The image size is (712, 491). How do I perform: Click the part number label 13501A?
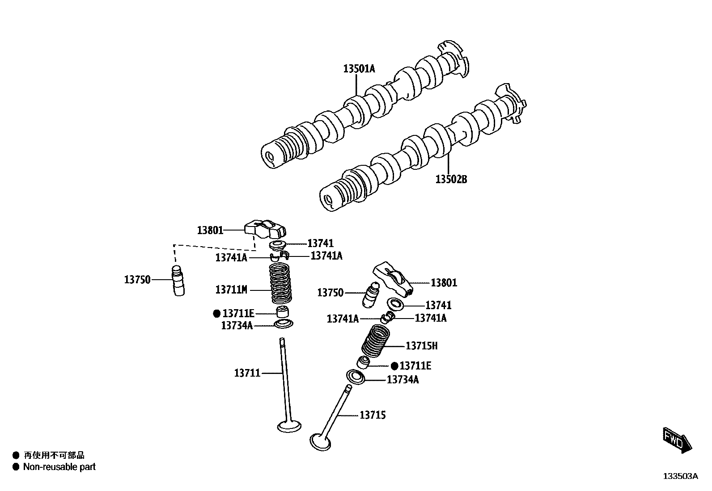(x=359, y=69)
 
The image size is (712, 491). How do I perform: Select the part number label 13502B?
(x=451, y=180)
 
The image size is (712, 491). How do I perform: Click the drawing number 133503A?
(x=680, y=476)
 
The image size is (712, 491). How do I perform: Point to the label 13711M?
(x=231, y=290)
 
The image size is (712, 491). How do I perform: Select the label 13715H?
(x=421, y=346)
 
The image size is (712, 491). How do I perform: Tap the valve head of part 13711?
(x=289, y=426)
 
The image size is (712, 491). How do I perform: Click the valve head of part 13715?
(x=320, y=441)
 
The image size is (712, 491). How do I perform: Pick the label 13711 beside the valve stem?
(x=247, y=373)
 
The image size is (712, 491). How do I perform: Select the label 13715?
(x=373, y=415)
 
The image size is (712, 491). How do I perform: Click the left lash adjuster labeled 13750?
(x=178, y=281)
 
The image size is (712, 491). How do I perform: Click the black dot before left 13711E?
(x=216, y=314)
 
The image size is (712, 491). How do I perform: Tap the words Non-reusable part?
(x=59, y=467)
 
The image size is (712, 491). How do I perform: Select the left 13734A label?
(x=237, y=326)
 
